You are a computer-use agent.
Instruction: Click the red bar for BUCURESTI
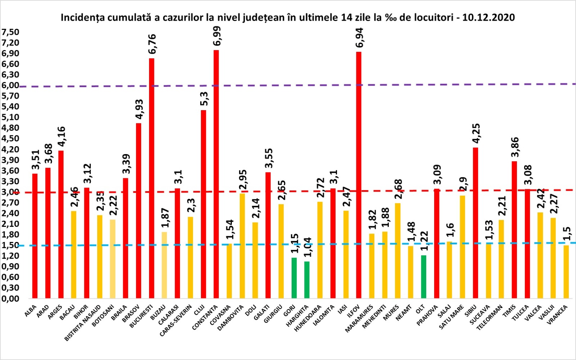pos(152,178)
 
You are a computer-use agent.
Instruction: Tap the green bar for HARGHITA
pos(307,280)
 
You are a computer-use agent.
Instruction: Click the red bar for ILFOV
pos(359,175)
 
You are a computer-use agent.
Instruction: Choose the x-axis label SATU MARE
pos(451,317)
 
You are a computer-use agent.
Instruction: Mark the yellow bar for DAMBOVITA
pos(242,246)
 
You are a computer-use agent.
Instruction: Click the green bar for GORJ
pos(294,278)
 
